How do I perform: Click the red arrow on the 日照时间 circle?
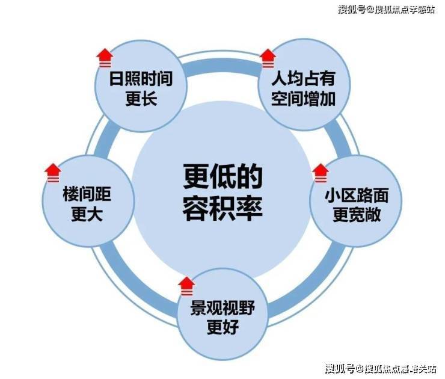[105, 58]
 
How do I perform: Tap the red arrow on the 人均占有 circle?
[268, 58]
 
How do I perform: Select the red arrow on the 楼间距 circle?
[53, 173]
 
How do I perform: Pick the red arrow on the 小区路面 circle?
[321, 173]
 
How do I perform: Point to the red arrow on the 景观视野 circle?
[186, 286]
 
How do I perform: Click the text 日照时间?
[141, 79]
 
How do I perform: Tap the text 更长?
[141, 99]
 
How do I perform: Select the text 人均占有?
[304, 79]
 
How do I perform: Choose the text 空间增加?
[304, 99]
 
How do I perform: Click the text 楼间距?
[87, 194]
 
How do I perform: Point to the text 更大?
[87, 214]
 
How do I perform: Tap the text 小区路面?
[357, 196]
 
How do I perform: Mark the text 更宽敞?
[357, 215]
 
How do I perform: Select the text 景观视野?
[222, 307]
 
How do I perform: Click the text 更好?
[222, 327]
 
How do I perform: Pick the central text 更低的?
[222, 176]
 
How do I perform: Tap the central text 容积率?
[222, 208]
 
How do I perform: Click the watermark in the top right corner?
[386, 10]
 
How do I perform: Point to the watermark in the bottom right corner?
[381, 369]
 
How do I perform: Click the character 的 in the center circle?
[250, 176]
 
